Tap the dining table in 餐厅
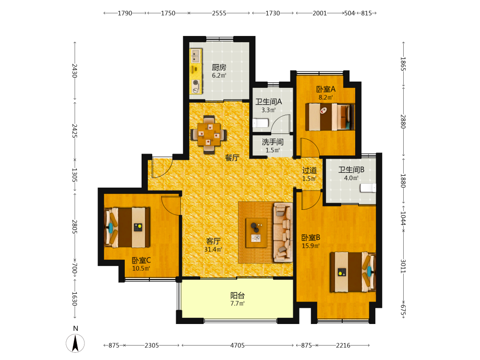coord(209,134)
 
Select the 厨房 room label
coord(219,67)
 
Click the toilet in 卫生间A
coord(261,123)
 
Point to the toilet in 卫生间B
coord(368,188)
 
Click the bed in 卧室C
coord(127,228)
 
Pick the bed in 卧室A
coord(330,117)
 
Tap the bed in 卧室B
coord(353,272)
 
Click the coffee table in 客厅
coord(256,233)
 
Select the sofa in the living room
coord(283,232)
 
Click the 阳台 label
coord(238,295)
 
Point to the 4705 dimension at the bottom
coord(238,345)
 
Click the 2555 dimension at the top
coord(219,13)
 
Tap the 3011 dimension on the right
coord(403,266)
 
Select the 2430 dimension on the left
coord(74,71)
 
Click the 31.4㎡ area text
coord(213,250)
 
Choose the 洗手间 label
coord(273,142)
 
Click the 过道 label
coord(310,170)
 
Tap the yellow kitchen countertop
coord(196,71)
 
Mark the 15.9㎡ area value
coord(311,246)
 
